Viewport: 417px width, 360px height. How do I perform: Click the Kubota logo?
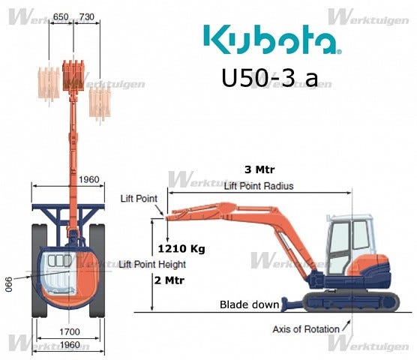[x=272, y=40]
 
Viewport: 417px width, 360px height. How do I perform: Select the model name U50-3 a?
[x=270, y=77]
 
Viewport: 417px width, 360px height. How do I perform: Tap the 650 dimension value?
[x=61, y=16]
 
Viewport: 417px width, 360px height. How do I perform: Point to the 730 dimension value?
[x=87, y=16]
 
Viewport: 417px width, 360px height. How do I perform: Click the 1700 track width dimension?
[x=70, y=331]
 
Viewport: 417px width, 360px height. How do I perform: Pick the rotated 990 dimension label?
[x=9, y=284]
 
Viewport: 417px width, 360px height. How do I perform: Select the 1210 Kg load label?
[x=181, y=249]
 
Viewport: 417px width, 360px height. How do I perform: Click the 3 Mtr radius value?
[x=259, y=169]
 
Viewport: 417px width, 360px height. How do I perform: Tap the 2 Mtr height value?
[x=169, y=280]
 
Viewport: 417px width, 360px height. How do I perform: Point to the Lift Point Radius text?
[x=259, y=186]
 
